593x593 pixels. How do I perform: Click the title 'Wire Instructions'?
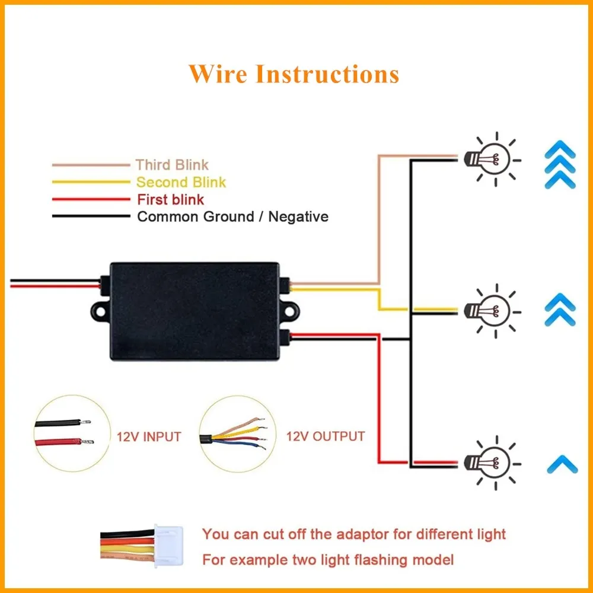pyautogui.click(x=294, y=74)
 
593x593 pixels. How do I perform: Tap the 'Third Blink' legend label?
pyautogui.click(x=172, y=165)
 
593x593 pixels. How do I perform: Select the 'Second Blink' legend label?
pyautogui.click(x=181, y=182)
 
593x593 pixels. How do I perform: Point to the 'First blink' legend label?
pyautogui.click(x=170, y=199)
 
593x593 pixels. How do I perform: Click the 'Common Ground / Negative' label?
pyautogui.click(x=232, y=216)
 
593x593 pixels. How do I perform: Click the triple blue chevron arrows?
pyautogui.click(x=560, y=164)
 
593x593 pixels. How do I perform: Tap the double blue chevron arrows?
pyautogui.click(x=560, y=309)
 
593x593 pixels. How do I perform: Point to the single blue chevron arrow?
pyautogui.click(x=560, y=462)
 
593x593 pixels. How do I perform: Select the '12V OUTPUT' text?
pyautogui.click(x=326, y=437)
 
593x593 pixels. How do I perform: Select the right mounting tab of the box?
pyautogui.click(x=288, y=309)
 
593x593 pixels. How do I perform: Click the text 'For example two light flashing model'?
pyautogui.click(x=328, y=559)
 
